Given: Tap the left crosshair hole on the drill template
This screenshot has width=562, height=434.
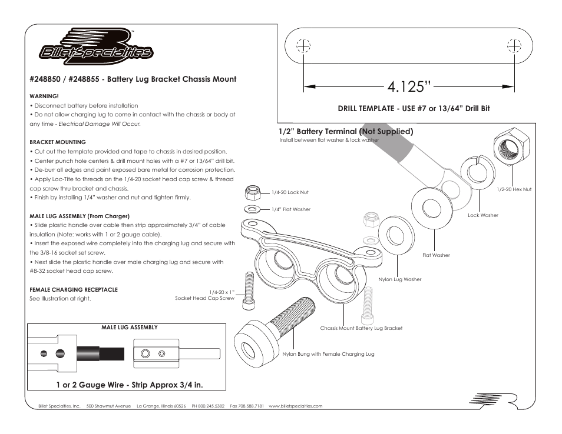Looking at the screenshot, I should point(303,46).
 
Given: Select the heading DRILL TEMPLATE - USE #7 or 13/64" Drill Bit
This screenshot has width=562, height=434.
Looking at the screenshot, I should point(414,108).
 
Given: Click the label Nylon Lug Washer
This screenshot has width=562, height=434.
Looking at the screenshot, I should point(400,279).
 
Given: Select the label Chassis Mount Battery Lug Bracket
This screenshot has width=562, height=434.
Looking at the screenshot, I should point(361,328).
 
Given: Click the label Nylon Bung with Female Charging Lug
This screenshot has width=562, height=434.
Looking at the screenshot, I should point(328,354).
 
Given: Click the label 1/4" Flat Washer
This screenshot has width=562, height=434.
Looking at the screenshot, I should point(290,209).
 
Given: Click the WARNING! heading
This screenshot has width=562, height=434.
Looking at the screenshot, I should point(44,96).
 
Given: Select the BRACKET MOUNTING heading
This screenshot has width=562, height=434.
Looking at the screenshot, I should point(58,142).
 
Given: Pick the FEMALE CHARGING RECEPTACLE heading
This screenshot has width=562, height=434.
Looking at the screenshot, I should point(74,289).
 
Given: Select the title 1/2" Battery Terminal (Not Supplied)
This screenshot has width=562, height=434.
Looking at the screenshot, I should point(346,131).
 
